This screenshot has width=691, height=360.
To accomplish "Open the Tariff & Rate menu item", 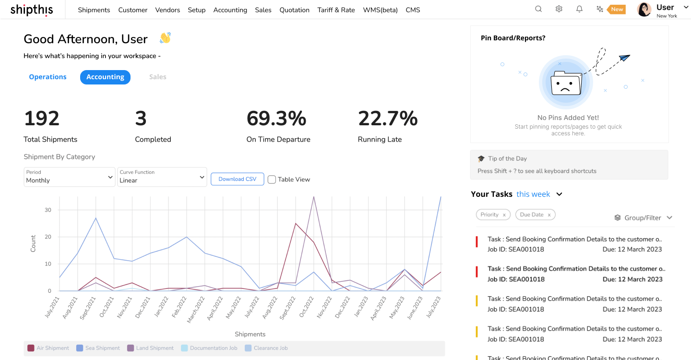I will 336,10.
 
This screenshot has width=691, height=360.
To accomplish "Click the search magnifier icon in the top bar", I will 538,9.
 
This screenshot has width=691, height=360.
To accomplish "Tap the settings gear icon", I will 559,9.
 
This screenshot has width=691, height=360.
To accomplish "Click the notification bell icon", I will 579,9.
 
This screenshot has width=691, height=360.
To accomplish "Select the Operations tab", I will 48,77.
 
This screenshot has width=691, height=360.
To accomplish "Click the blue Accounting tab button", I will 105,77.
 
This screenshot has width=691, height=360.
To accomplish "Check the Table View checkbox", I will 272,180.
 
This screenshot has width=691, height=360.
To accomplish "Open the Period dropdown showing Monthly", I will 70,177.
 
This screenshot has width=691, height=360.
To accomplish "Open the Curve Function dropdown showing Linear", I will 162,177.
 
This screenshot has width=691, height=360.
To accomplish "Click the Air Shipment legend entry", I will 48,348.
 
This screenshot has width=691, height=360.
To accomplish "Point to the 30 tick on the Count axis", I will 48,210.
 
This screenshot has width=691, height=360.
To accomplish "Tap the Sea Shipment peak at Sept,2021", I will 95,218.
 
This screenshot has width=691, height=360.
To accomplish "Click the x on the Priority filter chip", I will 504,215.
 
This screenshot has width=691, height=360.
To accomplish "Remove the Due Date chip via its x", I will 549,215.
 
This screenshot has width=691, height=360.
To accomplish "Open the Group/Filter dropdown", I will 643,218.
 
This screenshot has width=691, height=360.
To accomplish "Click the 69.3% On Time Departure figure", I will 276,119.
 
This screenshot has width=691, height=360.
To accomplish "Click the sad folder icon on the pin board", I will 565,83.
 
